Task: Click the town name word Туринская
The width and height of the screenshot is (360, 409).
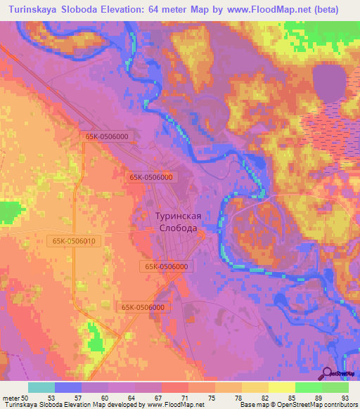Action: pos(179,217)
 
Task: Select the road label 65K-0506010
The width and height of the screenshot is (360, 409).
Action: pos(74,241)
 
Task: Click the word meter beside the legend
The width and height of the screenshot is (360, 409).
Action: pos(11,398)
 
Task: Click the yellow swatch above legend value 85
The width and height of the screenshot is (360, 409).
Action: pos(281,387)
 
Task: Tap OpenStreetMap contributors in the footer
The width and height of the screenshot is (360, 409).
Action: pos(317,405)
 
